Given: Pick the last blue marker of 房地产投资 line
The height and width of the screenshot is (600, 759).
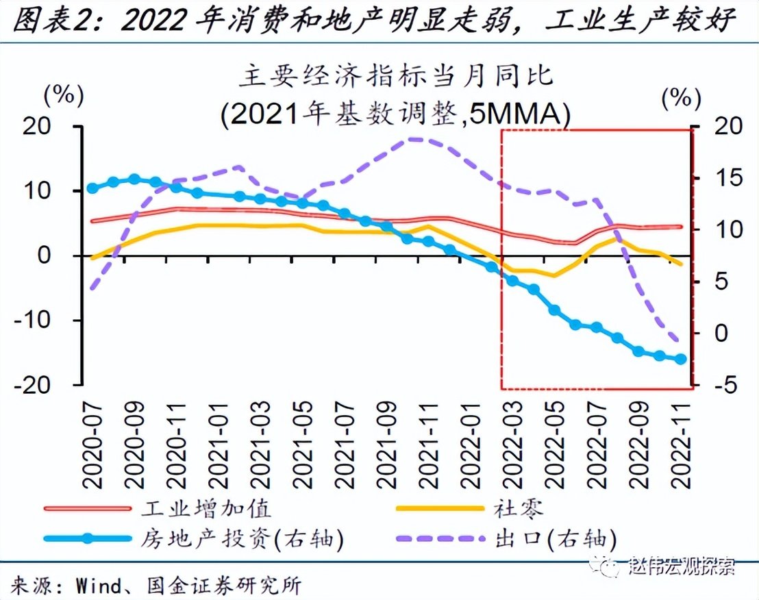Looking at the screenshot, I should [x=682, y=359].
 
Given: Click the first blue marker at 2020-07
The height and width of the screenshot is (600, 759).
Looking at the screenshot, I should [x=92, y=188].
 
